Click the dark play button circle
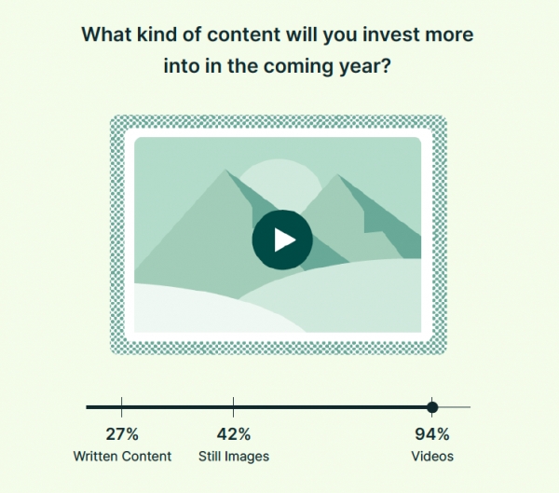tap(282, 240)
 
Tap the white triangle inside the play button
tap(284, 240)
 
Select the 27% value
tap(122, 434)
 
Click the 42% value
tap(234, 434)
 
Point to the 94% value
tap(432, 434)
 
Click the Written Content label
tap(122, 457)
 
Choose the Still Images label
tap(234, 457)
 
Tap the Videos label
tap(432, 457)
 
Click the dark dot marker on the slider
tap(432, 407)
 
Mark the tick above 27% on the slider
tap(121, 407)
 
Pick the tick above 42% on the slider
tap(234, 407)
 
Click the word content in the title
tap(243, 35)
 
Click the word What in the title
tap(107, 34)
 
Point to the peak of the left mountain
tap(225, 170)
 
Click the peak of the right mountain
tap(337, 174)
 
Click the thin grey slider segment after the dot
tap(455, 407)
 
